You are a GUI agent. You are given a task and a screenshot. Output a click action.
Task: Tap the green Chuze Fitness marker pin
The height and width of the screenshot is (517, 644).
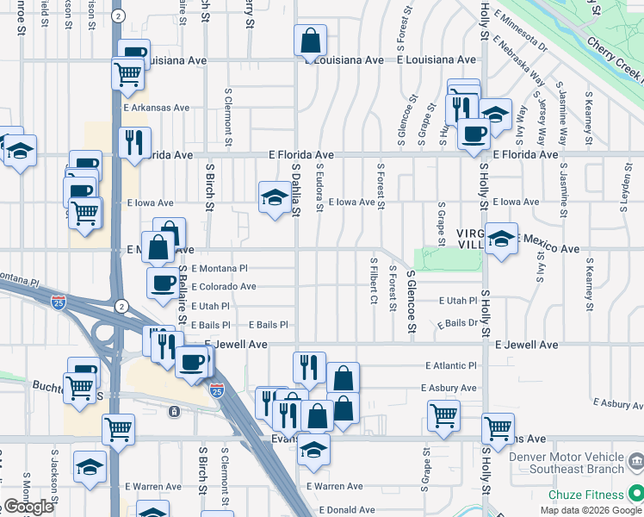pos(635,494)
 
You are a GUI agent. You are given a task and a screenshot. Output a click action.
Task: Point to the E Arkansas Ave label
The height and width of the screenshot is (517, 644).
pos(156,108)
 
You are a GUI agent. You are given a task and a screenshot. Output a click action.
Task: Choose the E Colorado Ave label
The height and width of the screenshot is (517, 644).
pos(224,287)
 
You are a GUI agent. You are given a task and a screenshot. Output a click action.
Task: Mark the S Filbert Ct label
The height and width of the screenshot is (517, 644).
pos(374,280)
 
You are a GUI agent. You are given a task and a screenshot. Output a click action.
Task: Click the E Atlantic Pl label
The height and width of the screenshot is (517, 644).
pos(450,365)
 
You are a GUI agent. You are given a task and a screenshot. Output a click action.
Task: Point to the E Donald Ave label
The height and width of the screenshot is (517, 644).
pos(347,510)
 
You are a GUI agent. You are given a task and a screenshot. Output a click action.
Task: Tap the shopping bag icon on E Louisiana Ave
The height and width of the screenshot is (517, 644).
pos(310,40)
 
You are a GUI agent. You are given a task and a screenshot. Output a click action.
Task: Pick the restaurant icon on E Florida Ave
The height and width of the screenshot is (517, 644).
pos(133,142)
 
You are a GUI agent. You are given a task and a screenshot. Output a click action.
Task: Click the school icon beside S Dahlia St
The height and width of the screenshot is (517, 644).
pos(275,196)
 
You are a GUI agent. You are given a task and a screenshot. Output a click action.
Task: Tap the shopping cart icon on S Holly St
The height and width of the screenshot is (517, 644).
pos(498,427)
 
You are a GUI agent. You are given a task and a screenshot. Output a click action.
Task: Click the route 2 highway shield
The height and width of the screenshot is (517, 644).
pos(121,306)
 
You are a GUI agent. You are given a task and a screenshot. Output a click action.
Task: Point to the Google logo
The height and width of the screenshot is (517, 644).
pos(28,508)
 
